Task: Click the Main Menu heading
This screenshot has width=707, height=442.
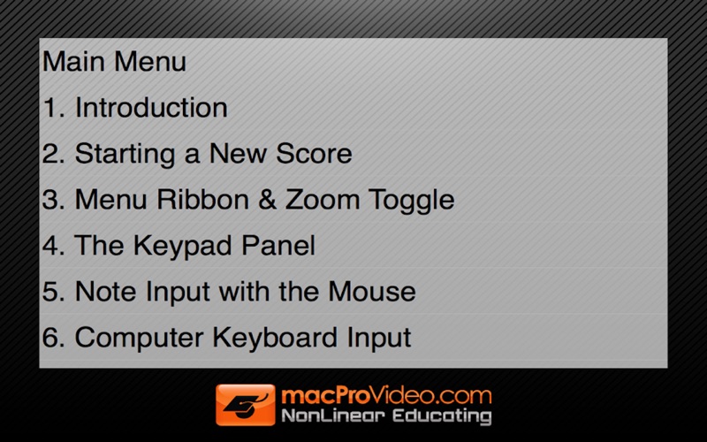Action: point(114,61)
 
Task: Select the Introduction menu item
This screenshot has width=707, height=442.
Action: point(135,107)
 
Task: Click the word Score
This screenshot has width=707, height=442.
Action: point(314,153)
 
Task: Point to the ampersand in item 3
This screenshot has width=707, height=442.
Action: point(267,200)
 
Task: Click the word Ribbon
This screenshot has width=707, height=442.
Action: point(203,200)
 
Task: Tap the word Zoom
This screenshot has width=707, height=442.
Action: point(323,200)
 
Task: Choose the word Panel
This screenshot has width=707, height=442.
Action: point(277,246)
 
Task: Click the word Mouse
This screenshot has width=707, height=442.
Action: point(371,292)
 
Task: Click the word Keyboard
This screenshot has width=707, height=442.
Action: point(275,338)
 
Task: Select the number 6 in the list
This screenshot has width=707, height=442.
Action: point(54,338)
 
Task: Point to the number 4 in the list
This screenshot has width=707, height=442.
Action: point(54,246)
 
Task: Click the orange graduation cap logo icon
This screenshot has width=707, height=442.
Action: point(246,405)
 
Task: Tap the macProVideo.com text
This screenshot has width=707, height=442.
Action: point(386,395)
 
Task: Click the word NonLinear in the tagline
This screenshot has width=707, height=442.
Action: point(333,415)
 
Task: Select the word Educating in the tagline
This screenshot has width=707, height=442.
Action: point(442,416)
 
